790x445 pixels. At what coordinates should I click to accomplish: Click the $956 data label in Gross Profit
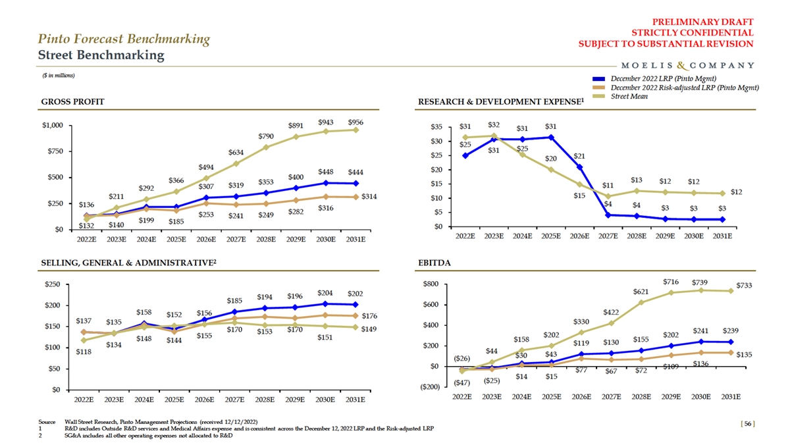point(356,122)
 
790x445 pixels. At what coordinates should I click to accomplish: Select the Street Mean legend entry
point(629,96)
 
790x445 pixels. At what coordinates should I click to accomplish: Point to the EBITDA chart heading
point(434,263)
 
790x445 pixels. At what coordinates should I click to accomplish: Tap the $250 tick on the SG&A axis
point(53,284)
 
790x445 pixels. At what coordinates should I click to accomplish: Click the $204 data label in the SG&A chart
point(325,292)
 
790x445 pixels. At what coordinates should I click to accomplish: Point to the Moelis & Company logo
point(687,65)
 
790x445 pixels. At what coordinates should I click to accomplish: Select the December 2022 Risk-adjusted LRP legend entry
point(685,88)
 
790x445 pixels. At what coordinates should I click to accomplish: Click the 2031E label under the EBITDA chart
point(731,397)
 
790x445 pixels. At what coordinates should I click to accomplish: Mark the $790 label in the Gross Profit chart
point(266,136)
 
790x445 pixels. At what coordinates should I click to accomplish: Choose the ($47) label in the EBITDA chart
point(462,382)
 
